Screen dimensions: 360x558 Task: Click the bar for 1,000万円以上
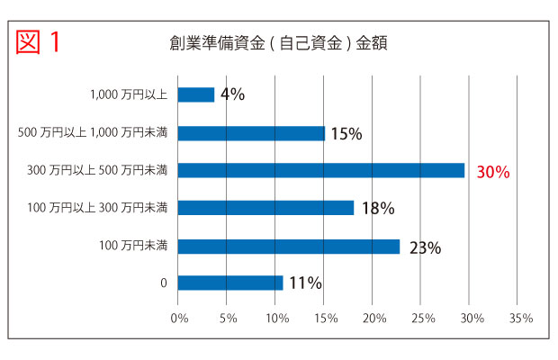pos(196,94)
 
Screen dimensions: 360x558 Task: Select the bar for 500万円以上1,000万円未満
pos(251,133)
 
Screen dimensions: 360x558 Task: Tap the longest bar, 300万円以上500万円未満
pos(321,170)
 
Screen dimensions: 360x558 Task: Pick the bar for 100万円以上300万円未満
pos(265,208)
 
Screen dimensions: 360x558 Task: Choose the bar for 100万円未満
pos(289,246)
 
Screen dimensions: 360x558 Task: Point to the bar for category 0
pos(230,283)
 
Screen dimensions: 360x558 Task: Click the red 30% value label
pos(493,171)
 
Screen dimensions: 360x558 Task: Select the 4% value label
pos(232,94)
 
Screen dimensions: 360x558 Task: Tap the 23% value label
pos(425,247)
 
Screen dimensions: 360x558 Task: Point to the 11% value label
pos(305,283)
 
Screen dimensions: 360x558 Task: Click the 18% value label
pos(378,209)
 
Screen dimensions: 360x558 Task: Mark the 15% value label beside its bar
pos(346,134)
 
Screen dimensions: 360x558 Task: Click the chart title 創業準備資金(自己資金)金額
pos(277,42)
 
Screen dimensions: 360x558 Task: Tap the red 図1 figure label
pos(39,42)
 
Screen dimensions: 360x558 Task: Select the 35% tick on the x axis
pos(521,318)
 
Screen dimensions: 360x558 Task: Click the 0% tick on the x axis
pos(178,318)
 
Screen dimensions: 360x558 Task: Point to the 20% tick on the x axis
pos(373,318)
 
